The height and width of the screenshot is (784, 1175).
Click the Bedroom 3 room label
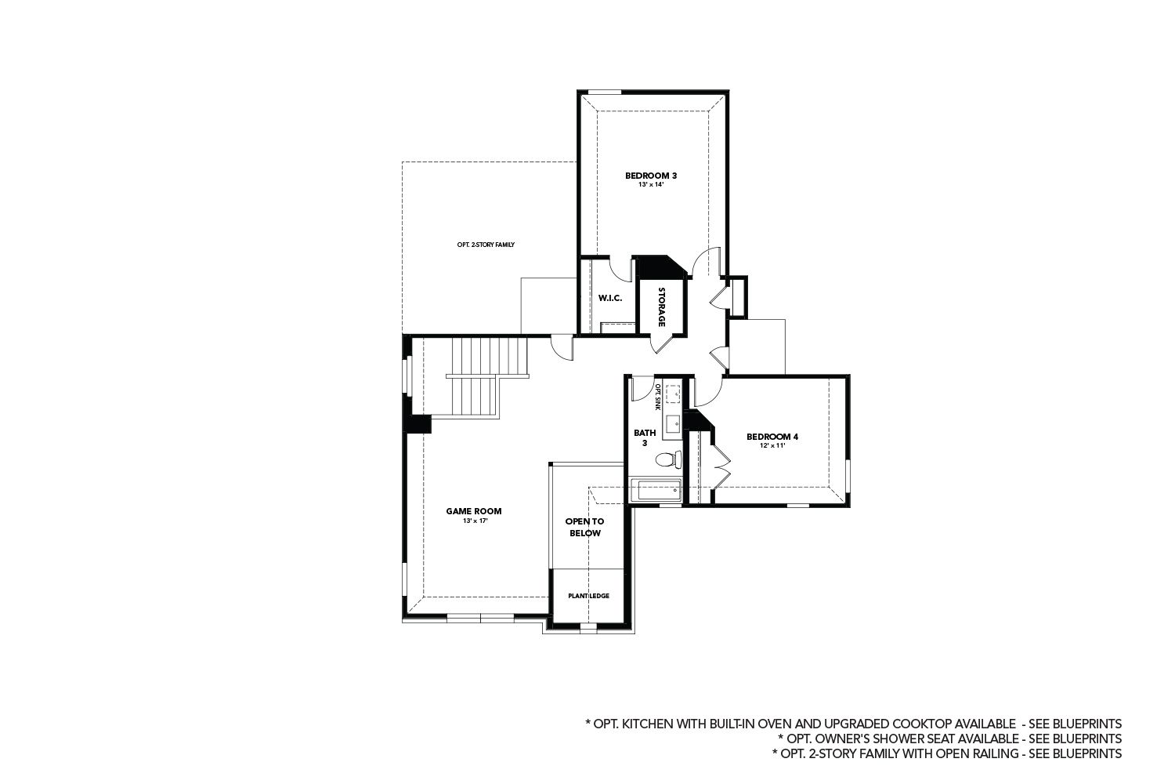[x=650, y=176]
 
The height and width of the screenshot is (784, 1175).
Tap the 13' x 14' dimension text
[x=650, y=185]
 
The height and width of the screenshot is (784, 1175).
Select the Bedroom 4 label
[x=772, y=437]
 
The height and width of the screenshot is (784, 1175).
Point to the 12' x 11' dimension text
[x=772, y=446]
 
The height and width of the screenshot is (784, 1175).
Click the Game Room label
[x=474, y=511]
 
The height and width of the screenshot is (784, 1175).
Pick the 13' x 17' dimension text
[x=474, y=521]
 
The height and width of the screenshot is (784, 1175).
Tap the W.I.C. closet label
[x=609, y=298]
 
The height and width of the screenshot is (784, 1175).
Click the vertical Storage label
[x=662, y=307]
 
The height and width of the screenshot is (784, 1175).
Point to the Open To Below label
[x=584, y=527]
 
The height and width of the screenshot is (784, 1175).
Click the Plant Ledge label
[x=588, y=596]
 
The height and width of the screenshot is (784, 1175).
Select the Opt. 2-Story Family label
[x=486, y=245]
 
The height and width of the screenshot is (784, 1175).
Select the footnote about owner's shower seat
[x=949, y=739]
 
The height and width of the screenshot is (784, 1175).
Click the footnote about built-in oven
[x=853, y=723]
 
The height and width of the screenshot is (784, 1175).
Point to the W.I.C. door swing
[x=623, y=269]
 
